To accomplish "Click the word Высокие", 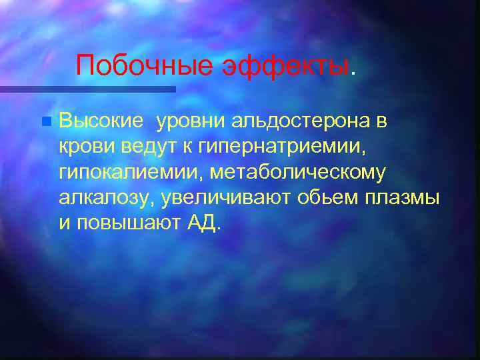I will [x=101, y=121].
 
